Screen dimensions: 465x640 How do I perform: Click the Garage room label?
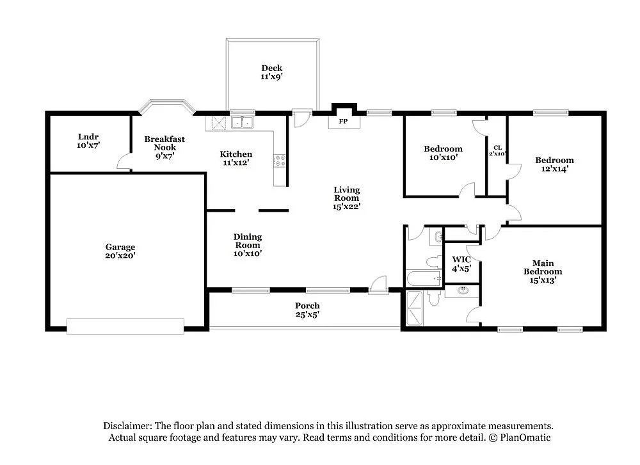click(x=120, y=251)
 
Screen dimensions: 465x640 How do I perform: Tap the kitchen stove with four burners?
click(x=280, y=161)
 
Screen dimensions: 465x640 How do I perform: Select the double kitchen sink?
click(x=243, y=122)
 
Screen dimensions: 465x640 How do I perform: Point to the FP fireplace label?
click(x=343, y=121)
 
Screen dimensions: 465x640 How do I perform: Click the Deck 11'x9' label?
click(x=271, y=72)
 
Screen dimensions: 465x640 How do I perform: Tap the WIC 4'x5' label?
click(x=461, y=264)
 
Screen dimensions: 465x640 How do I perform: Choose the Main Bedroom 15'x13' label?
click(x=543, y=272)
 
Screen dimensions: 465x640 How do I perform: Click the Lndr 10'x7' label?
click(x=88, y=141)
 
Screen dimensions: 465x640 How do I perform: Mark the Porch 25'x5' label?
click(x=307, y=310)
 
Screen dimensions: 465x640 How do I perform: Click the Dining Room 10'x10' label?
click(x=247, y=244)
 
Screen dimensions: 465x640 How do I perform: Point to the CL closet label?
click(x=497, y=150)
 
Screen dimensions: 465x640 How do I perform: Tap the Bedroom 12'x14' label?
click(x=554, y=164)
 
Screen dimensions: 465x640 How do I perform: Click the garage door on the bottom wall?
click(x=125, y=326)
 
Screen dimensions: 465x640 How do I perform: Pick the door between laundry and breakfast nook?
click(x=124, y=162)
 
